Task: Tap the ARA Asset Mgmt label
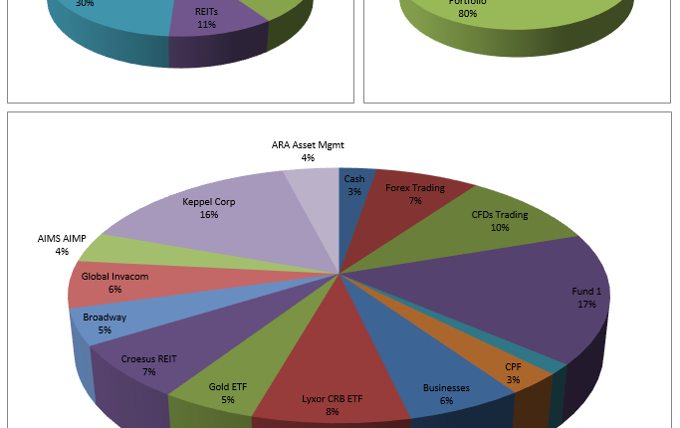coord(308,145)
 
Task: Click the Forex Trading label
coord(414,187)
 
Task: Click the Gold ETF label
coord(228,386)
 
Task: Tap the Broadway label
coord(105,318)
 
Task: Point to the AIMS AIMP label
coord(61,239)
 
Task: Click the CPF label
coord(513,367)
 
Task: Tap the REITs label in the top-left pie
coord(207,11)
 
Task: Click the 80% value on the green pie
coord(466,14)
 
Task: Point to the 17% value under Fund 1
coord(586,304)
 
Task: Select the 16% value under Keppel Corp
coord(208,214)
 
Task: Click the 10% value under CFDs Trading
coord(499,227)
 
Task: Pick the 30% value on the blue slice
coord(84,4)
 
